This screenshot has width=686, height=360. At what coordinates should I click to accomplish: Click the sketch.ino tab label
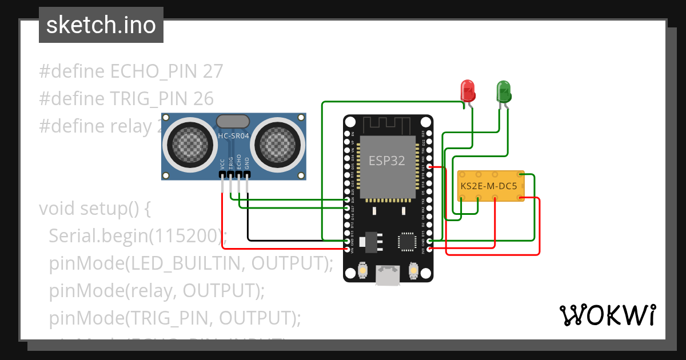101,25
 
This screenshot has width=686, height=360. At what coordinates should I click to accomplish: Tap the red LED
468,91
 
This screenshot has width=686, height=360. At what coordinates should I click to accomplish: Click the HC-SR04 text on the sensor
233,136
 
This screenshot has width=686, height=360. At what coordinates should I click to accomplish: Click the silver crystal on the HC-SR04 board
233,121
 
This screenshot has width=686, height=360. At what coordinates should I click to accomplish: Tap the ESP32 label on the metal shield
387,161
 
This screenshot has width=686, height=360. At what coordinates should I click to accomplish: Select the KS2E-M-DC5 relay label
489,186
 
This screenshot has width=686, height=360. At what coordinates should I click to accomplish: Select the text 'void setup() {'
94,209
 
